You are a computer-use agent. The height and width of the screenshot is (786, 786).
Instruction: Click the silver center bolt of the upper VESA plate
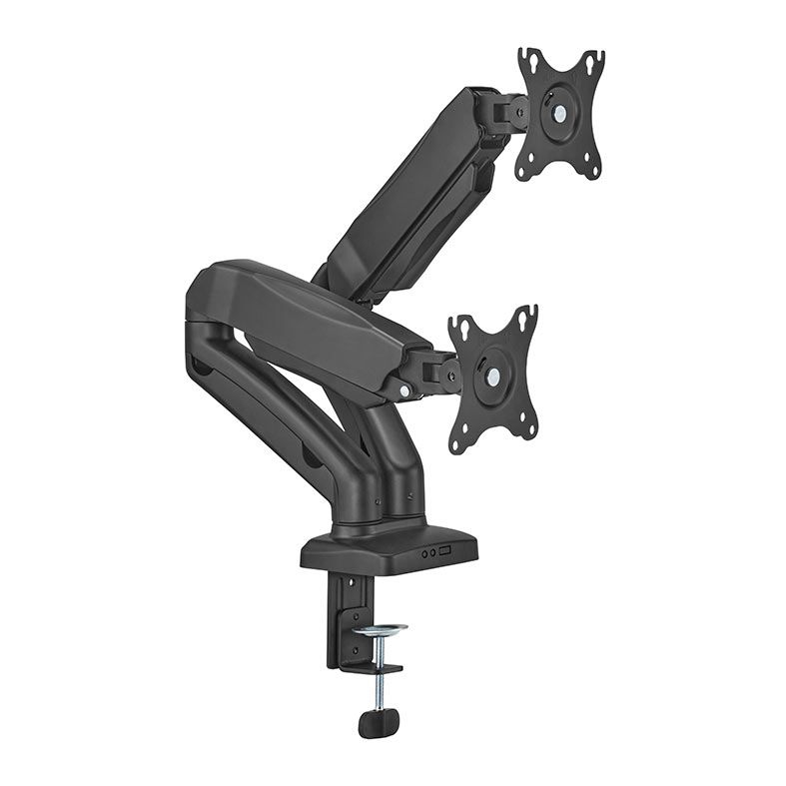(x=560, y=113)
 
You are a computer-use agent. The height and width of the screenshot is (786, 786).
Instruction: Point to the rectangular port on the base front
(x=446, y=551)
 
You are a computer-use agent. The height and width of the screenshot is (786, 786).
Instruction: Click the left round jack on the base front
(x=422, y=552)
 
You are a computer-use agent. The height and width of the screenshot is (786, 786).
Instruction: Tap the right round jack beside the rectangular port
(x=432, y=552)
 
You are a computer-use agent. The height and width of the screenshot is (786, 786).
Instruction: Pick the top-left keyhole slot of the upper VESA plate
(x=530, y=64)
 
